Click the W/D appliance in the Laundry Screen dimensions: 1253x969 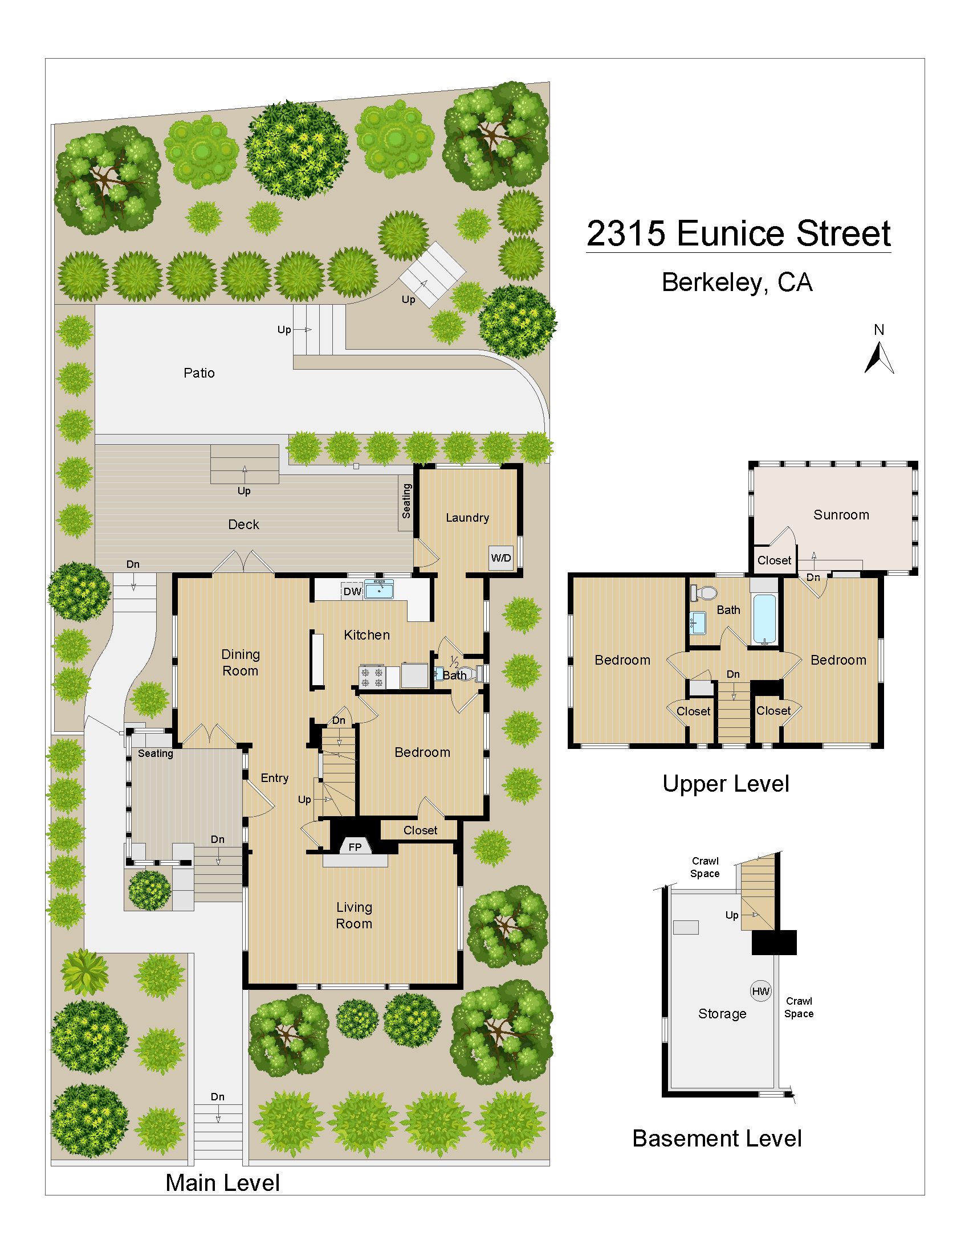(500, 558)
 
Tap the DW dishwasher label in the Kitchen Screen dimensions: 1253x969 (352, 592)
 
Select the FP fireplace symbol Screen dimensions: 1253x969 (355, 847)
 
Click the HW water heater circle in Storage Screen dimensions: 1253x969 (760, 991)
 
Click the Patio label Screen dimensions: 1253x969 (199, 373)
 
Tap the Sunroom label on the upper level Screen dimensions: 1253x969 (841, 515)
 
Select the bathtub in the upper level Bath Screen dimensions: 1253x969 (764, 619)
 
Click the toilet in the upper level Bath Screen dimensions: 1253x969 (705, 593)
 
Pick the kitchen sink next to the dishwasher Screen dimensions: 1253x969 (379, 589)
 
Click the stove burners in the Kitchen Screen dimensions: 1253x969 (372, 677)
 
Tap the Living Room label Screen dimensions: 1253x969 (354, 915)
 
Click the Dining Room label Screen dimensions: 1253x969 (241, 662)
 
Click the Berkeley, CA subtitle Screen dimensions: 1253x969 (737, 282)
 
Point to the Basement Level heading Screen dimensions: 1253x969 (716, 1139)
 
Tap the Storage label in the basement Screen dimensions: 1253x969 (722, 1014)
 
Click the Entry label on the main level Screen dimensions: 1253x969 (274, 778)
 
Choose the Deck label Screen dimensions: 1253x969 (243, 525)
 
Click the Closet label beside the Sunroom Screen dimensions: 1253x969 (774, 560)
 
